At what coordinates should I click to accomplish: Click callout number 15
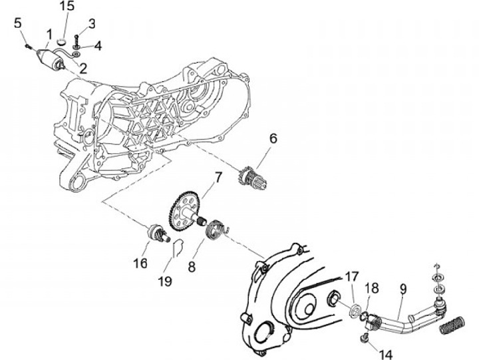(67, 7)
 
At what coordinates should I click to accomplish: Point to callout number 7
(217, 178)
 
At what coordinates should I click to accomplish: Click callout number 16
(140, 264)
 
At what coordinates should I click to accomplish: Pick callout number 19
(166, 281)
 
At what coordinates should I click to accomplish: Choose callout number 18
(373, 287)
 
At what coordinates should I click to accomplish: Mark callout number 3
(92, 23)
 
